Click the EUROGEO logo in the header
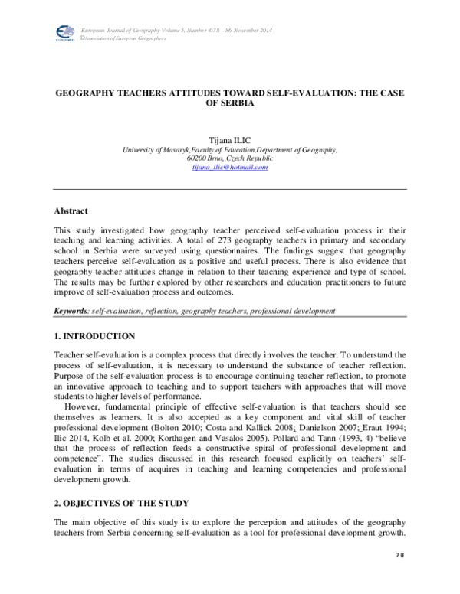[x=63, y=32]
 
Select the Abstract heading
[x=71, y=211]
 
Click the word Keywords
[x=70, y=312]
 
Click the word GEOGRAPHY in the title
[x=87, y=93]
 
